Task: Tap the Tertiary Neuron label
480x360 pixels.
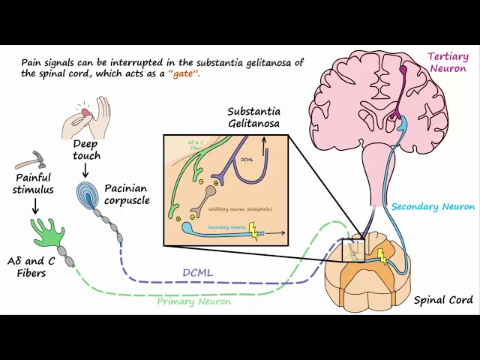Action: point(448,62)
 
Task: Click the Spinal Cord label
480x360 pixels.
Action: point(443,300)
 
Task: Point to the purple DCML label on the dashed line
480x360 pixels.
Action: point(198,272)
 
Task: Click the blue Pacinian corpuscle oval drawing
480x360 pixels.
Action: point(89,194)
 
